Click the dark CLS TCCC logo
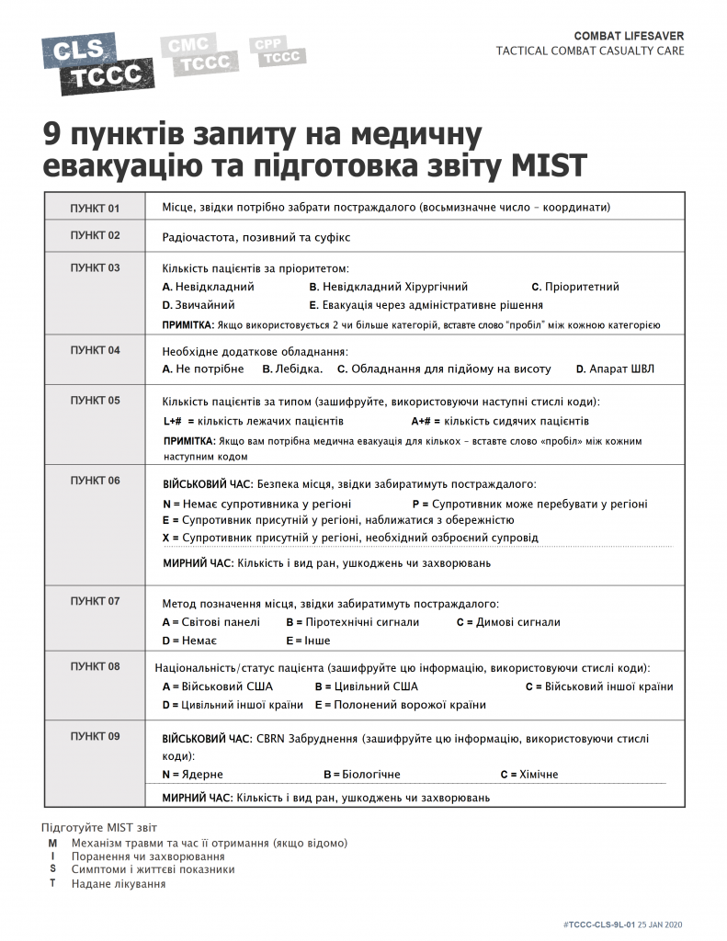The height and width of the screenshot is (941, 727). click(97, 62)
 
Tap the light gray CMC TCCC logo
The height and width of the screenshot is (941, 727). click(190, 54)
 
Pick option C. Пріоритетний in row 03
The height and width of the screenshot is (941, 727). click(575, 287)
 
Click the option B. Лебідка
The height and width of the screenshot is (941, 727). click(292, 368)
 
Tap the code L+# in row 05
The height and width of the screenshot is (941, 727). click(172, 421)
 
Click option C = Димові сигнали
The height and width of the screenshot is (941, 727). click(507, 622)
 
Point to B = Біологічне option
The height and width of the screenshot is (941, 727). click(361, 775)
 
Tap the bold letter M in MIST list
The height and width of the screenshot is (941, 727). click(52, 843)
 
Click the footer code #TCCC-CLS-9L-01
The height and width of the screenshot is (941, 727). click(596, 924)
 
